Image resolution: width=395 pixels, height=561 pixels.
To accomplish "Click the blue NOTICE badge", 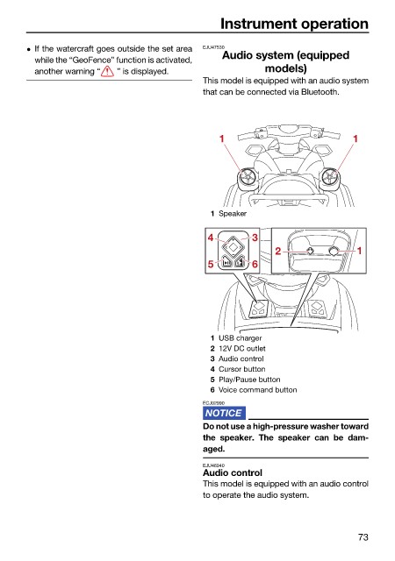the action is pyautogui.click(x=224, y=413).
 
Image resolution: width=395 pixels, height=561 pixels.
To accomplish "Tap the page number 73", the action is pyautogui.click(x=363, y=537).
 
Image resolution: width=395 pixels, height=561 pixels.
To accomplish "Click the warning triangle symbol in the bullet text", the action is pyautogui.click(x=107, y=72).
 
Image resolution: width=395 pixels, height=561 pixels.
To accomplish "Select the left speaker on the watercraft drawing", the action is pyautogui.click(x=247, y=178).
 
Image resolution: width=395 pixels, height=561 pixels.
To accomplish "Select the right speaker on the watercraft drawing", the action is pyautogui.click(x=329, y=178).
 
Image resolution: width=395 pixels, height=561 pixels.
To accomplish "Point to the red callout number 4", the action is pyautogui.click(x=211, y=238).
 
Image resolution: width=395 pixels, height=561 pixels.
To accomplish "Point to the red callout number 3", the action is pyautogui.click(x=255, y=238).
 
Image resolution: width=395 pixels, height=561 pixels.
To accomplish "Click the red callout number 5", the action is pyautogui.click(x=211, y=264).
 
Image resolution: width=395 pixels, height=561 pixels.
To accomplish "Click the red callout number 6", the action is pyautogui.click(x=255, y=264).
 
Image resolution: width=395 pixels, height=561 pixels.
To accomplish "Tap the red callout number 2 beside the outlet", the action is pyautogui.click(x=277, y=252).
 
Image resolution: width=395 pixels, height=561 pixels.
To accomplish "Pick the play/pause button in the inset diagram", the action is pyautogui.click(x=226, y=262).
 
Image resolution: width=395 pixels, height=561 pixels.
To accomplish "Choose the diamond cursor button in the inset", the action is pyautogui.click(x=233, y=246).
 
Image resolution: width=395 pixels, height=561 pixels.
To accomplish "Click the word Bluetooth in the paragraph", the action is pyautogui.click(x=320, y=92).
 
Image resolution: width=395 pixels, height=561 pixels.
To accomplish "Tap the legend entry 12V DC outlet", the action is pyautogui.click(x=242, y=349).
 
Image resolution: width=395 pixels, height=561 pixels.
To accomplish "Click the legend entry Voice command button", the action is pyautogui.click(x=258, y=390).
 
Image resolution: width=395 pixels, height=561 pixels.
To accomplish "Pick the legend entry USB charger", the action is pyautogui.click(x=241, y=338).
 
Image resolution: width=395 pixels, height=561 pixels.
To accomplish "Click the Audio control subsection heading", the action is pyautogui.click(x=233, y=472).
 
